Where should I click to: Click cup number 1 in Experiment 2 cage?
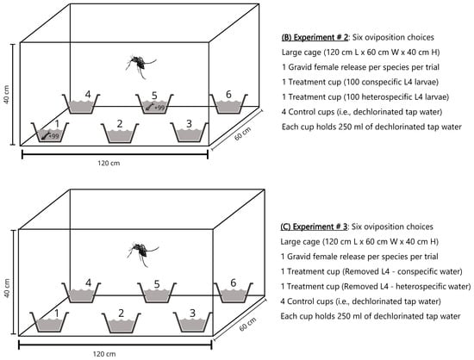(50, 133)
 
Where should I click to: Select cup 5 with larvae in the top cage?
(154, 104)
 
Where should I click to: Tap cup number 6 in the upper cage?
(228, 104)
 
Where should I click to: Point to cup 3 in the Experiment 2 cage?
(189, 133)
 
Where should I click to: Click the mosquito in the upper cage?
(140, 65)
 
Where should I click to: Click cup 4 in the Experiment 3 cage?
(81, 292)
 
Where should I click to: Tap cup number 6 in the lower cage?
(234, 292)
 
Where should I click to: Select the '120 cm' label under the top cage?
(109, 163)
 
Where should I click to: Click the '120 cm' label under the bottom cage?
(104, 354)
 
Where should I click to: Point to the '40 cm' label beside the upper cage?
(7, 94)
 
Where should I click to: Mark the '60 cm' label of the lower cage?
(247, 324)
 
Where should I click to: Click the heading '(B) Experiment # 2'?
(315, 37)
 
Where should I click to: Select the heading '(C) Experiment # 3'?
(314, 227)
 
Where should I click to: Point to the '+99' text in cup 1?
(53, 136)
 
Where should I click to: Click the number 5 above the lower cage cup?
(157, 284)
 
